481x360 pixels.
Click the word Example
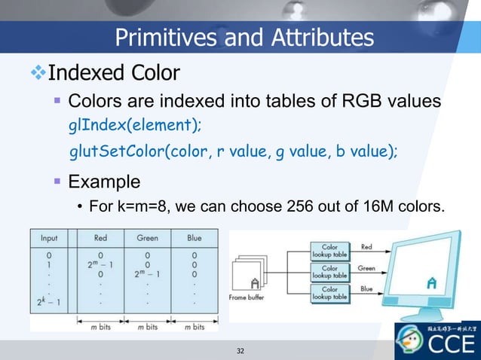pyautogui.click(x=104, y=182)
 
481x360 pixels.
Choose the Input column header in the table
pyautogui.click(x=48, y=238)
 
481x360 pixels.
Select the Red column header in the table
pyautogui.click(x=100, y=238)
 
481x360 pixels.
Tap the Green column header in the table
pyautogui.click(x=147, y=238)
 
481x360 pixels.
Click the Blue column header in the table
pyautogui.click(x=195, y=238)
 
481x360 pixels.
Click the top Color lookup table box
pyautogui.click(x=329, y=251)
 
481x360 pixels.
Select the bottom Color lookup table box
pyautogui.click(x=329, y=293)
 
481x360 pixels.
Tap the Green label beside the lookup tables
pyautogui.click(x=367, y=267)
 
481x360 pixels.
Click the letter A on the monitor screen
pyautogui.click(x=430, y=283)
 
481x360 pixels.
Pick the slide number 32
pyautogui.click(x=240, y=351)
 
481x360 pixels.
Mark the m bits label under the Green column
pyautogui.click(x=147, y=326)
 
